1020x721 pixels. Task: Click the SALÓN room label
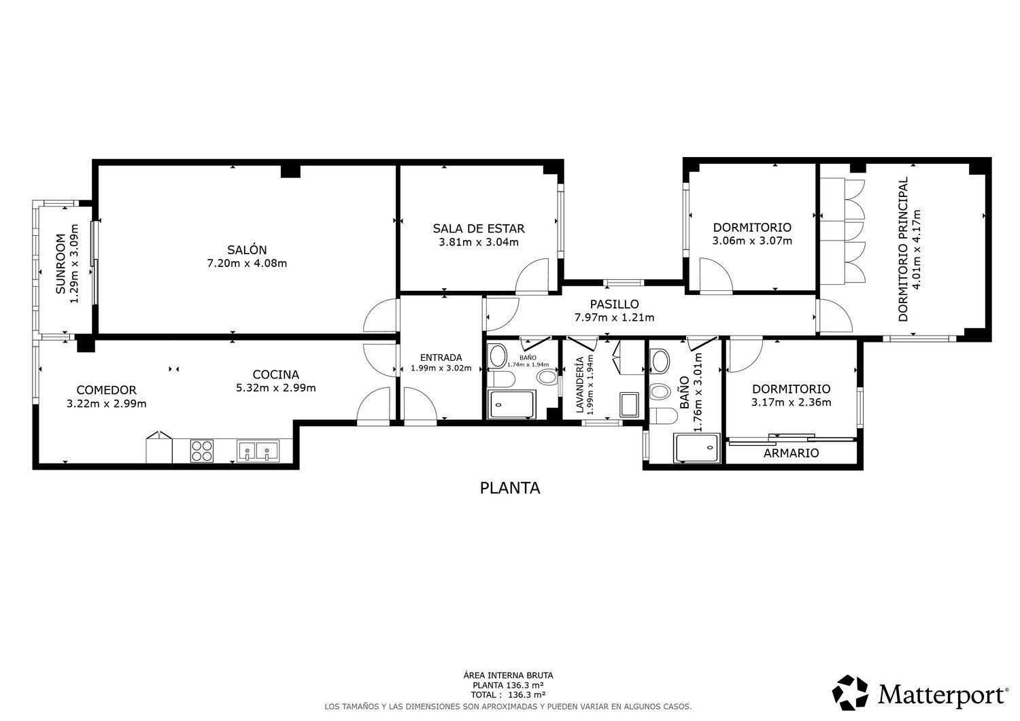pyautogui.click(x=247, y=249)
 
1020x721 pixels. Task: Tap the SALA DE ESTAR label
pyautogui.click(x=479, y=228)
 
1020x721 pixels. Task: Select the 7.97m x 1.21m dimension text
pyautogui.click(x=614, y=317)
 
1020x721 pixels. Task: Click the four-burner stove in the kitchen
pyautogui.click(x=202, y=451)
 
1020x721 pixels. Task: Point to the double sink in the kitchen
pyautogui.click(x=258, y=451)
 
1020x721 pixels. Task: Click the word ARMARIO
pyautogui.click(x=791, y=453)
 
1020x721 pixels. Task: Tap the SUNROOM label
pyautogui.click(x=61, y=264)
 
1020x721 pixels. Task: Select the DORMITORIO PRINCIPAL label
pyautogui.click(x=902, y=249)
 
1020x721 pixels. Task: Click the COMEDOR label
pyautogui.click(x=107, y=390)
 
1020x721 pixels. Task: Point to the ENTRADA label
pyautogui.click(x=441, y=357)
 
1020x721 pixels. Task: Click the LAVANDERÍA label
pyautogui.click(x=579, y=385)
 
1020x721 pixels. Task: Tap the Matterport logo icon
pyautogui.click(x=850, y=692)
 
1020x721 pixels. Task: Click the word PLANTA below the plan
pyautogui.click(x=510, y=488)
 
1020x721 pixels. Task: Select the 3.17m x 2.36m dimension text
pyautogui.click(x=791, y=402)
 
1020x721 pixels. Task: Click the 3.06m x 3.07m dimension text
pyautogui.click(x=752, y=241)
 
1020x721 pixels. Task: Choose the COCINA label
pyautogui.click(x=276, y=374)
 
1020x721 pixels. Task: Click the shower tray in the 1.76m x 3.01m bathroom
pyautogui.click(x=697, y=448)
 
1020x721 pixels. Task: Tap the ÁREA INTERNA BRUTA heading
pyautogui.click(x=508, y=675)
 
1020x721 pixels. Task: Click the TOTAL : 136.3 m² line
pyautogui.click(x=508, y=694)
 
